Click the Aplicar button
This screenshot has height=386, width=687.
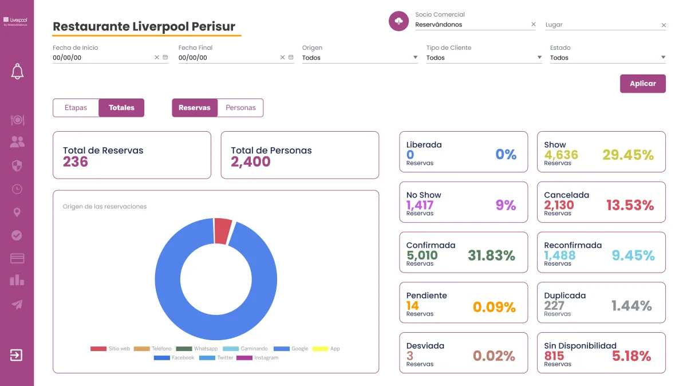point(642,84)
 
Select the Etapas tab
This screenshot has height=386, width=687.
point(76,108)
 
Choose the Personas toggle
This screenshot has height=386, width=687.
point(240,108)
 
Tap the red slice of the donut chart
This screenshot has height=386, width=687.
point(223,231)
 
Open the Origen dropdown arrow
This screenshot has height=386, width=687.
point(415,57)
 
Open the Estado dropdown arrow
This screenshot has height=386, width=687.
point(663,57)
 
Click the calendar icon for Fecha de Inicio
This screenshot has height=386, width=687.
point(165,57)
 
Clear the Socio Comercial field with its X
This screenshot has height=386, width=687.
point(534,25)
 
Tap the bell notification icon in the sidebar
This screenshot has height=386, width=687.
point(17,72)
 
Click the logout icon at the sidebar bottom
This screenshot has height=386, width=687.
point(17,355)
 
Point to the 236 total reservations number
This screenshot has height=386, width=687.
point(76,162)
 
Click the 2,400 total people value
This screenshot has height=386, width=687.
point(251,162)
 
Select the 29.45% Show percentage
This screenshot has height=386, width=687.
point(627,155)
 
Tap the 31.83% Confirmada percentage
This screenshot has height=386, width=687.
point(491,255)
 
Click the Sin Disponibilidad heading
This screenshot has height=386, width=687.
point(580,345)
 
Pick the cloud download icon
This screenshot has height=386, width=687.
point(398,21)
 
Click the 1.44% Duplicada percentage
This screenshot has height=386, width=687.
point(631,306)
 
